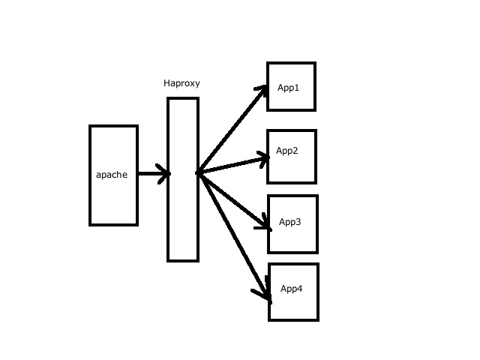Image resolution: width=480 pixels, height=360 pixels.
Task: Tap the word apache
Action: click(112, 175)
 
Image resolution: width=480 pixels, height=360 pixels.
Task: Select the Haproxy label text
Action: click(181, 83)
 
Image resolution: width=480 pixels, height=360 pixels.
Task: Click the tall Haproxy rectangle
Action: click(183, 217)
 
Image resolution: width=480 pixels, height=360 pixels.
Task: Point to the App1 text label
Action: click(289, 88)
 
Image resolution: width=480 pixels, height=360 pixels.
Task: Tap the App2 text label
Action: click(287, 151)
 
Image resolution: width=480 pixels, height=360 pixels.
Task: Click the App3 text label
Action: click(290, 222)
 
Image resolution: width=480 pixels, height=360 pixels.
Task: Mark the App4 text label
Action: click(292, 289)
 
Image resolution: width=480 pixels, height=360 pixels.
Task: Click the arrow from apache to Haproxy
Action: click(152, 174)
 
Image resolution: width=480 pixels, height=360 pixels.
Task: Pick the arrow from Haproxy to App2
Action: click(232, 165)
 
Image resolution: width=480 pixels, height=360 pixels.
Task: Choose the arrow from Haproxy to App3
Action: click(232, 199)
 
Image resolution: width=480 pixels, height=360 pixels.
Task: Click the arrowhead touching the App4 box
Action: click(266, 294)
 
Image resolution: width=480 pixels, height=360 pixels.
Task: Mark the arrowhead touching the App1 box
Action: click(262, 91)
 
